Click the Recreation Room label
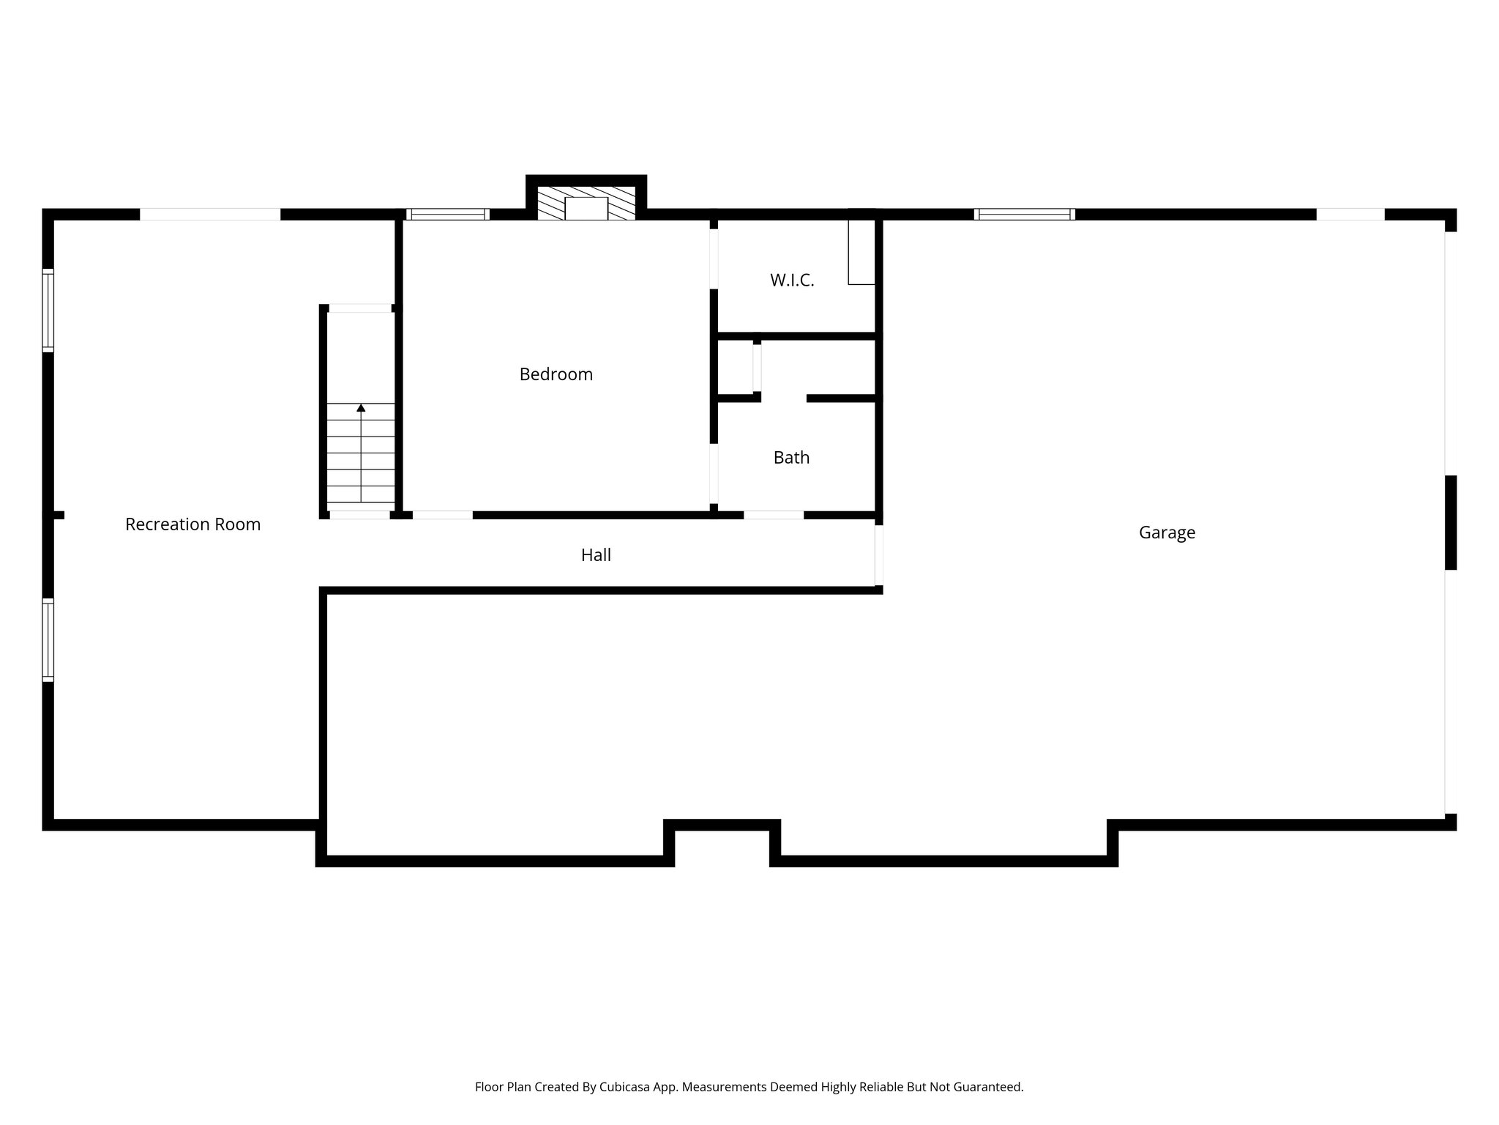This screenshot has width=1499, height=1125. tap(192, 524)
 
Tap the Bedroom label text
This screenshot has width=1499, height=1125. tap(556, 374)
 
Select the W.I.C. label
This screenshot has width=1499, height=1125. tap(792, 281)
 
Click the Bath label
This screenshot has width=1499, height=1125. tap(791, 458)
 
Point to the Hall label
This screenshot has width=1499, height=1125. tap(596, 555)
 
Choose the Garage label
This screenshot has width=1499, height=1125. tap(1167, 532)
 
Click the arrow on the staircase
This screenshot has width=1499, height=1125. tap(361, 408)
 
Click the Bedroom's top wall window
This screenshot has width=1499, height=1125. tap(447, 215)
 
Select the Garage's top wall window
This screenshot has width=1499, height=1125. tap(1024, 215)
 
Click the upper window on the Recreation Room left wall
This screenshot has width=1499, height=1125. tap(48, 310)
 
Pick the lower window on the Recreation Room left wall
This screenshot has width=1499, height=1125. tap(48, 640)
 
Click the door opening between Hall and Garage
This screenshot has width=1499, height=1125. tap(878, 555)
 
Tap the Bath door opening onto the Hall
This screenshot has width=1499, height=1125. tap(774, 515)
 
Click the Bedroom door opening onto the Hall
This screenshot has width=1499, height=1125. tap(443, 515)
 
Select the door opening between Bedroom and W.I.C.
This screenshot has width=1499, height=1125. tap(714, 259)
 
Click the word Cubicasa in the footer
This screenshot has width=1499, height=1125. tap(627, 1087)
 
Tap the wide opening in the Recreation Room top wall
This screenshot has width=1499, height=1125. tap(210, 215)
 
